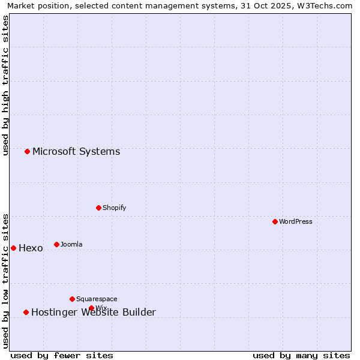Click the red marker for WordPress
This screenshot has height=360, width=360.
275,221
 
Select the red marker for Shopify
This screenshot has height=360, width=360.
99,208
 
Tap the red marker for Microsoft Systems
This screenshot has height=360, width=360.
28,151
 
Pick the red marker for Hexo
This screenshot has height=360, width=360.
14,248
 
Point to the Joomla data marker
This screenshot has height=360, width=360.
57,244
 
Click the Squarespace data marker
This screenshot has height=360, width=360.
73,299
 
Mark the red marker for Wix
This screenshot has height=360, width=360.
92,308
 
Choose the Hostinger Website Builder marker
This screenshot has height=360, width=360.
26,312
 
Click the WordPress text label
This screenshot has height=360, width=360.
296,221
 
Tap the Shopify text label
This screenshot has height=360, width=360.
115,208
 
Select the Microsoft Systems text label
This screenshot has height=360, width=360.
76,151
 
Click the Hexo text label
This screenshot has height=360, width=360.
31,248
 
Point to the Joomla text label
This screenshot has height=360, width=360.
71,244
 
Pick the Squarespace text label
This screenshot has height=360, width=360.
97,299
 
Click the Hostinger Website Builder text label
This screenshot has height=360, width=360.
94,312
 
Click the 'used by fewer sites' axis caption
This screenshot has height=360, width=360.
62,355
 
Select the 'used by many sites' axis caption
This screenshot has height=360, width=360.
301,355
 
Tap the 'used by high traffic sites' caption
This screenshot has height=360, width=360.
5,85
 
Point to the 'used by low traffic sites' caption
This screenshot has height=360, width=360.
5,281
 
